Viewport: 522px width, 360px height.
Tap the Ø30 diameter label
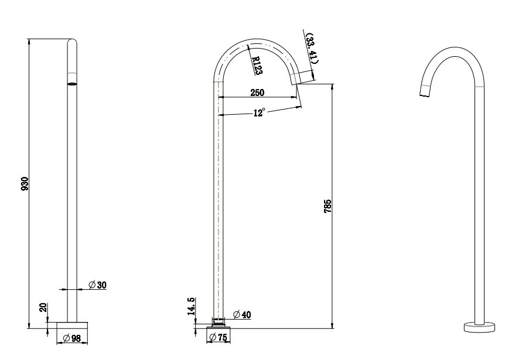coord(97,284)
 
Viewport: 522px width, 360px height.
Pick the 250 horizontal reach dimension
coord(257,92)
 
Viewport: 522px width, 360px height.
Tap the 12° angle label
coord(259,112)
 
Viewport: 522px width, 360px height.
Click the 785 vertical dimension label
coord(328,205)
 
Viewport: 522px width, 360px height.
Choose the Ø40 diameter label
coord(242,315)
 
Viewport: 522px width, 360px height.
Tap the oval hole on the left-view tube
coord(71,84)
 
